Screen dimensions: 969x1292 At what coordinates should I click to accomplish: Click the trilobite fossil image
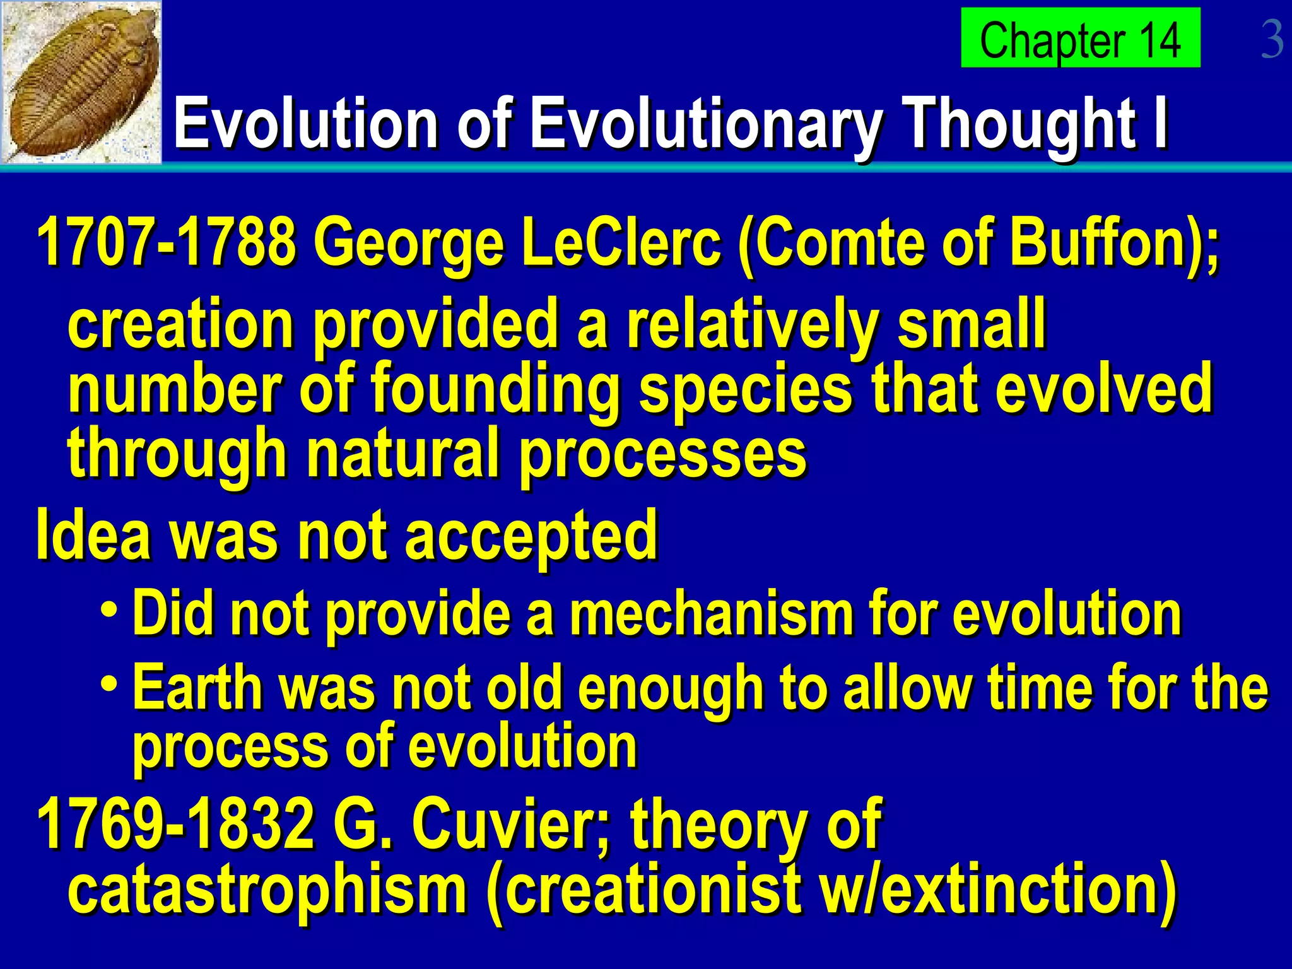tap(81, 82)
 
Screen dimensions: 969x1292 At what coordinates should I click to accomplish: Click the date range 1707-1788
tap(166, 243)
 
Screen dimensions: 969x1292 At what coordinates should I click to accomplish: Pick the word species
tap(745, 391)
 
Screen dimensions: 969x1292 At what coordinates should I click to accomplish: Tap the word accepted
tap(531, 536)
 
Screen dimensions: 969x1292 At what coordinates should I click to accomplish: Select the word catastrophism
tap(267, 890)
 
